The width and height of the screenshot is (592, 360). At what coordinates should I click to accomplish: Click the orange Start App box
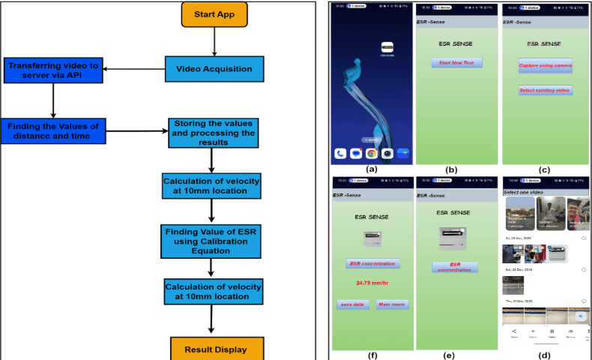tap(214, 14)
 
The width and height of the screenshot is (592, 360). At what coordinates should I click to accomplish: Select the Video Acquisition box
tap(214, 70)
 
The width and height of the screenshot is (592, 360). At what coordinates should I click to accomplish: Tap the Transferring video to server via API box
tap(52, 70)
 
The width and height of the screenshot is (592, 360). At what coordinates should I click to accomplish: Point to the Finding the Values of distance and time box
tap(52, 130)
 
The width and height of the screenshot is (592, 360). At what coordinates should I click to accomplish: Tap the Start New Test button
tap(456, 62)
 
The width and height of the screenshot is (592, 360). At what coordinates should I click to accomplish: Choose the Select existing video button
tap(545, 90)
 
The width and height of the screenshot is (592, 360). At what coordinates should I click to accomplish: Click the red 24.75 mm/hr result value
tap(372, 283)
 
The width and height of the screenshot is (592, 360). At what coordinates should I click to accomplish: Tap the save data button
tap(352, 304)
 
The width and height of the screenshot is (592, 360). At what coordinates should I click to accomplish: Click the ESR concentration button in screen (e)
tap(456, 267)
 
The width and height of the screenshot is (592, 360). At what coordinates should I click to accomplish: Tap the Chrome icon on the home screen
tap(370, 153)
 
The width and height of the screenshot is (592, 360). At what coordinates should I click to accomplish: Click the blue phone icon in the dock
tap(341, 153)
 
